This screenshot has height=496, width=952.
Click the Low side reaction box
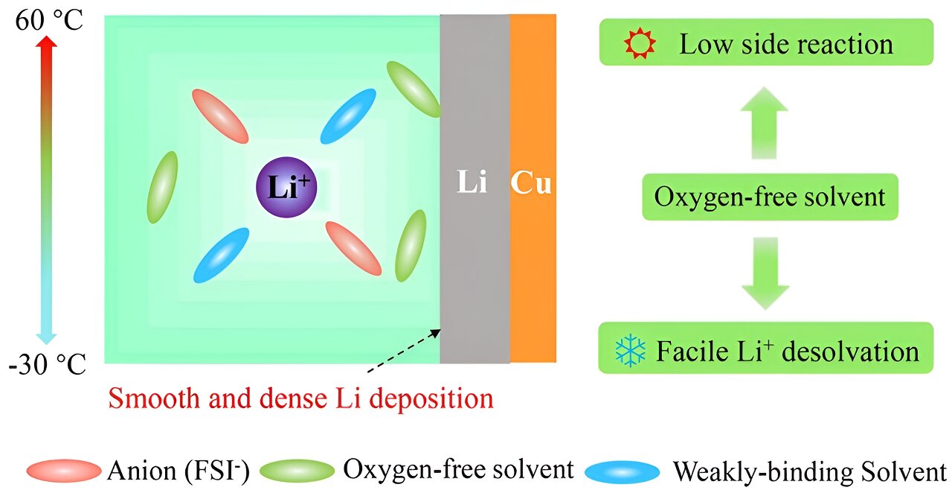[765, 42]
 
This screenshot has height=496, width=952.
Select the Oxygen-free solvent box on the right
[770, 197]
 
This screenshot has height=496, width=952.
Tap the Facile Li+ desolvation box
[765, 349]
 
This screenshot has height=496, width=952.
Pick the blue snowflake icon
[631, 350]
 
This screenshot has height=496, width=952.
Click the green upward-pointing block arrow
[764, 121]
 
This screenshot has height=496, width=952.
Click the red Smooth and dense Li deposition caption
[300, 398]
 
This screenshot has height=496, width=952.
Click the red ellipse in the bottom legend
[63, 471]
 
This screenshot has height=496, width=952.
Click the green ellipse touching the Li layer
[414, 89]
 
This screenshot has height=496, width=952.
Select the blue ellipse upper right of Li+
[347, 116]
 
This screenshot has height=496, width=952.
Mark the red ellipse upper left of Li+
[219, 116]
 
